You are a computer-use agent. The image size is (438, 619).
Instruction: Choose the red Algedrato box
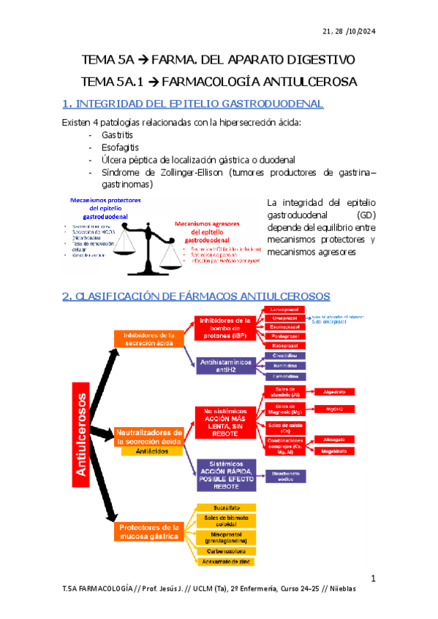click(333, 392)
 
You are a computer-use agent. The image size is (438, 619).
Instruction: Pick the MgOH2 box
click(333, 409)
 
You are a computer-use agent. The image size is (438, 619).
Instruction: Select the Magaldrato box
click(333, 451)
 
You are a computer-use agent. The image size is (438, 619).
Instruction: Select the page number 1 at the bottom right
click(372, 579)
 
